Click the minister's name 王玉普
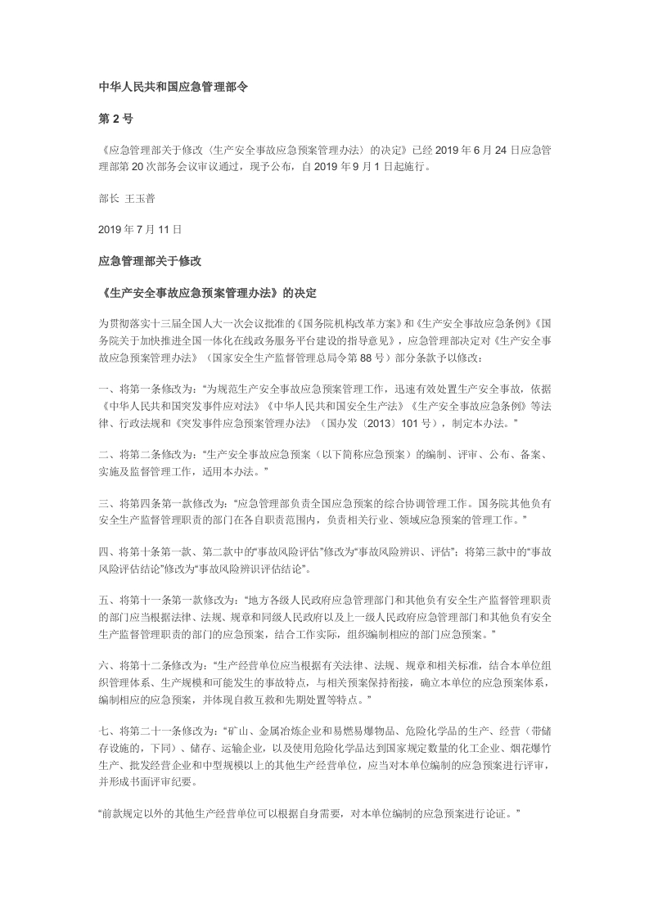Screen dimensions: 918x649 pyautogui.click(x=140, y=198)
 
